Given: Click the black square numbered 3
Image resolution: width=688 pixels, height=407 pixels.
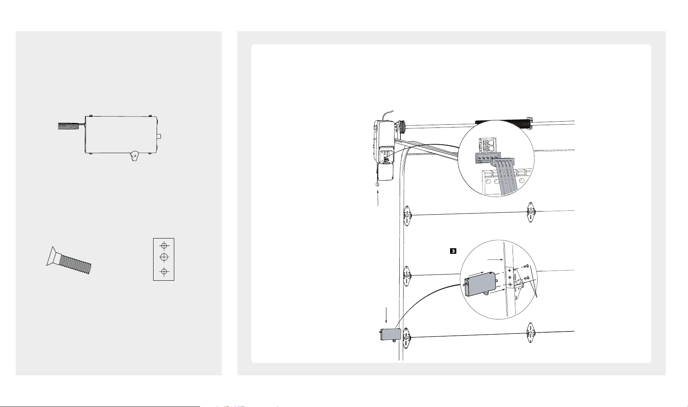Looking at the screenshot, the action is [x=453, y=251].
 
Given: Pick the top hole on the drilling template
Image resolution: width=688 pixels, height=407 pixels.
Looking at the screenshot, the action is [x=164, y=246].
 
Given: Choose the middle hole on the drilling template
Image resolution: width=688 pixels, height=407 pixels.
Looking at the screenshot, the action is [x=164, y=256].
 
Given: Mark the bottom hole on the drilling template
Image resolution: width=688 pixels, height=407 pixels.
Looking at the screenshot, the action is [x=164, y=271].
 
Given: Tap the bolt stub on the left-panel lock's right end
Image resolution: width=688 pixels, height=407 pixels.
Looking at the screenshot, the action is [x=159, y=136].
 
